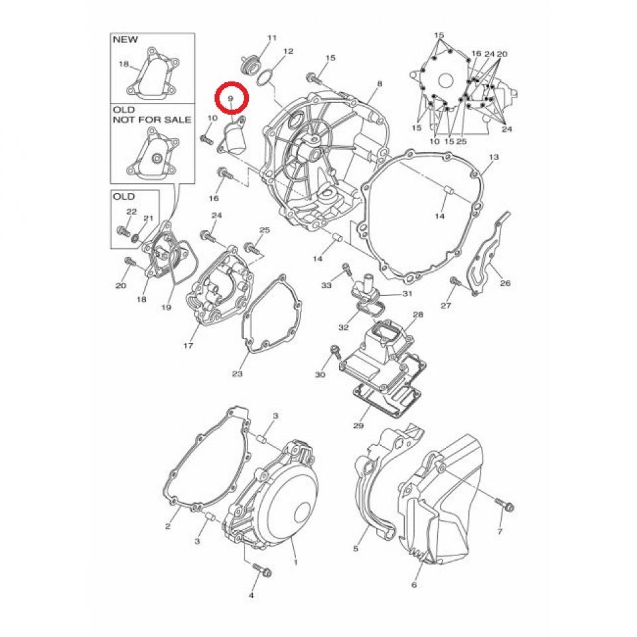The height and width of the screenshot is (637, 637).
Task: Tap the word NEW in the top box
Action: coord(125,40)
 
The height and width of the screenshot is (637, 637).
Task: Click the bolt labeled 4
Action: coord(258,570)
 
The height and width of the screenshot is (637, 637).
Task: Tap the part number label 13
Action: coord(493,157)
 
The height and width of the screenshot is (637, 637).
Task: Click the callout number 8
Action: coord(379,84)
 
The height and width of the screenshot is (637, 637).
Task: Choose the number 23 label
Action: coord(238,374)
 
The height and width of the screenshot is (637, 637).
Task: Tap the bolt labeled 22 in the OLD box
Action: coord(122,232)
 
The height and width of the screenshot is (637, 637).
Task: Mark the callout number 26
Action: coord(505,283)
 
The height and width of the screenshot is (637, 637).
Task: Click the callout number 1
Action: coord(295,562)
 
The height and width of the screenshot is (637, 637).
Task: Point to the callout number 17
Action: coord(188,346)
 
